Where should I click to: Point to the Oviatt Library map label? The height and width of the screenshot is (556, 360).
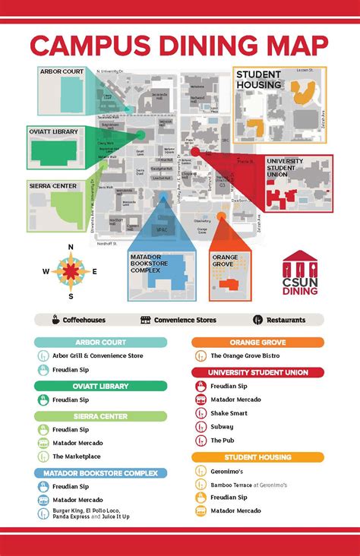tap(54, 131)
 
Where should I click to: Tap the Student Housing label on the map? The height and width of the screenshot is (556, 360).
tap(258, 80)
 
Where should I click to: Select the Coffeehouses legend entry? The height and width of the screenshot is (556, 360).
tap(80, 320)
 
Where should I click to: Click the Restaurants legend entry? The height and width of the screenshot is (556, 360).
tap(285, 320)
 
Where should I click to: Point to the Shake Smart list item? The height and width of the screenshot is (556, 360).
tap(229, 413)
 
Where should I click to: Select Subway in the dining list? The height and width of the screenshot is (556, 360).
tap(222, 427)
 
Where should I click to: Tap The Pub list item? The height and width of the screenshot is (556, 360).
tap(222, 441)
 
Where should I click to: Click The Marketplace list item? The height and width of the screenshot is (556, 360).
tap(76, 456)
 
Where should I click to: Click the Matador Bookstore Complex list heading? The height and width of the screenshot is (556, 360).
tap(100, 473)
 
